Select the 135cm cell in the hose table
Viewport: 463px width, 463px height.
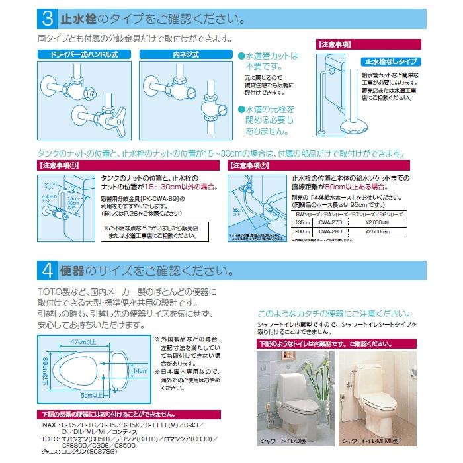pos(302,224)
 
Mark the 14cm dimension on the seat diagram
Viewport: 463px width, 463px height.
pos(138,372)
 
